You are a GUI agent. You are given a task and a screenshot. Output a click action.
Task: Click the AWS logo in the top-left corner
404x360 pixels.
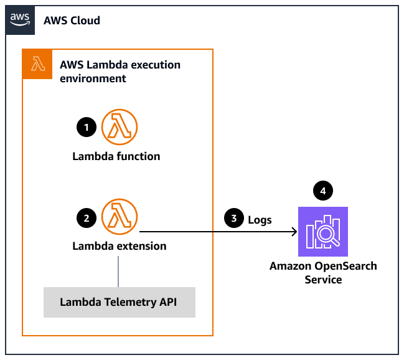point(20,19)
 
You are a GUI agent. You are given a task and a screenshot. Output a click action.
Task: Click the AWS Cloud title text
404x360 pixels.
point(72,21)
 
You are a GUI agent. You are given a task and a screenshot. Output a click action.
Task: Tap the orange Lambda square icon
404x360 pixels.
point(37,64)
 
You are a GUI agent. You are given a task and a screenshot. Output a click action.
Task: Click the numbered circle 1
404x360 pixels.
point(85,127)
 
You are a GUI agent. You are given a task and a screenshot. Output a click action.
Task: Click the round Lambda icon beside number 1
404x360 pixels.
point(119,126)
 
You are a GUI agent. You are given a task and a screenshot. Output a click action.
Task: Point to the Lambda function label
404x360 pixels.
point(116,156)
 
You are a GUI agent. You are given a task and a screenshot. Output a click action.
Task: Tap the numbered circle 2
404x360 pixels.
point(85,217)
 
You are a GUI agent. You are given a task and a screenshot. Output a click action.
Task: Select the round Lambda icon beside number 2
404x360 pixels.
point(119,216)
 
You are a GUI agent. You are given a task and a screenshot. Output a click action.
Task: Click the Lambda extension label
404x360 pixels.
point(119,246)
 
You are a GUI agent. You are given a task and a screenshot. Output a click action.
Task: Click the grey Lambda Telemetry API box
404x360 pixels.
point(119,302)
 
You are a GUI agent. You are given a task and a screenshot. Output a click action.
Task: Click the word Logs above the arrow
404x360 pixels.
point(260,219)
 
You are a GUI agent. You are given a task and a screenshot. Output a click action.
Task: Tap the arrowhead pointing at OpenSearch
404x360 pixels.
point(293,232)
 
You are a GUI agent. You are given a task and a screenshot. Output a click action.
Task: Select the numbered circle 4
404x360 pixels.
point(322,190)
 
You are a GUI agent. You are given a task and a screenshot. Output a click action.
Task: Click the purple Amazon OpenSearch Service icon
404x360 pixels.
point(322,232)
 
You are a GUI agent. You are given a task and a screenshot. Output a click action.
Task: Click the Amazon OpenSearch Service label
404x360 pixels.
point(323,273)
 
